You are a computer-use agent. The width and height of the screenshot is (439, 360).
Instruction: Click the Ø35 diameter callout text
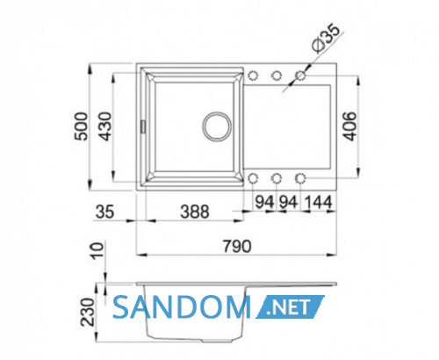coord(327,39)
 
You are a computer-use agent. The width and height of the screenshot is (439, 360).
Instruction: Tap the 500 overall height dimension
coord(81,126)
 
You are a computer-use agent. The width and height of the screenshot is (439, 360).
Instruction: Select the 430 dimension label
coord(105,126)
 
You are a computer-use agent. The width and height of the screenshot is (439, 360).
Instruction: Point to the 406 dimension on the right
coord(349,126)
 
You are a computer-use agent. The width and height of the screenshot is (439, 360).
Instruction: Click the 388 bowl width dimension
coord(195,212)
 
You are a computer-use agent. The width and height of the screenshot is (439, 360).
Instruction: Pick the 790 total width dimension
coord(237,246)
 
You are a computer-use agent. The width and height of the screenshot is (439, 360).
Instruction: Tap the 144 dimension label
coord(318,202)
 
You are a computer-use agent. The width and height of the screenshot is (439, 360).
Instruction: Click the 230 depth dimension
coord(88,312)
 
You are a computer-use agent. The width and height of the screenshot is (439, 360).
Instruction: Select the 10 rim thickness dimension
coord(97,251)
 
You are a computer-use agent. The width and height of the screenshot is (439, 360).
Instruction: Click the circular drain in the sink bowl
coord(217,126)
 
